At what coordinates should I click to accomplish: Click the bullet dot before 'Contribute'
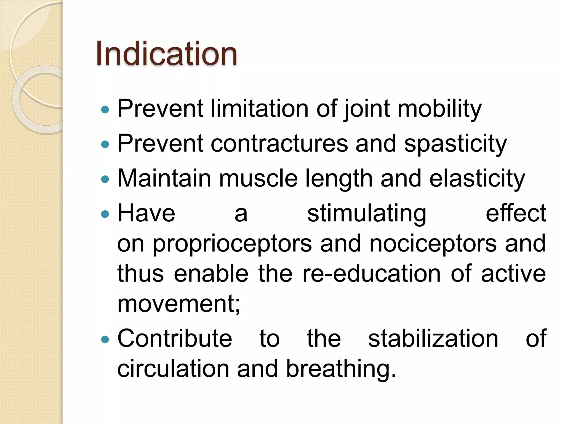point(105,339)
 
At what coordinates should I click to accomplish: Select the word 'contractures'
point(279,144)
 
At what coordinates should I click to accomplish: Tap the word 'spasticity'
point(455,144)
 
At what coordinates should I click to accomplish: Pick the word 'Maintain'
point(164,179)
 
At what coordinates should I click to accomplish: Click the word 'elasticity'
point(477,179)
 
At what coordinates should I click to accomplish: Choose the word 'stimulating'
point(367,214)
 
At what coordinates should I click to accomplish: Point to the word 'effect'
point(516,213)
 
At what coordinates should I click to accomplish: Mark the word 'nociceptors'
point(433,243)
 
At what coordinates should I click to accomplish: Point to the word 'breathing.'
point(341,369)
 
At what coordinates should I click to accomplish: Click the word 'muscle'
point(258,179)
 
